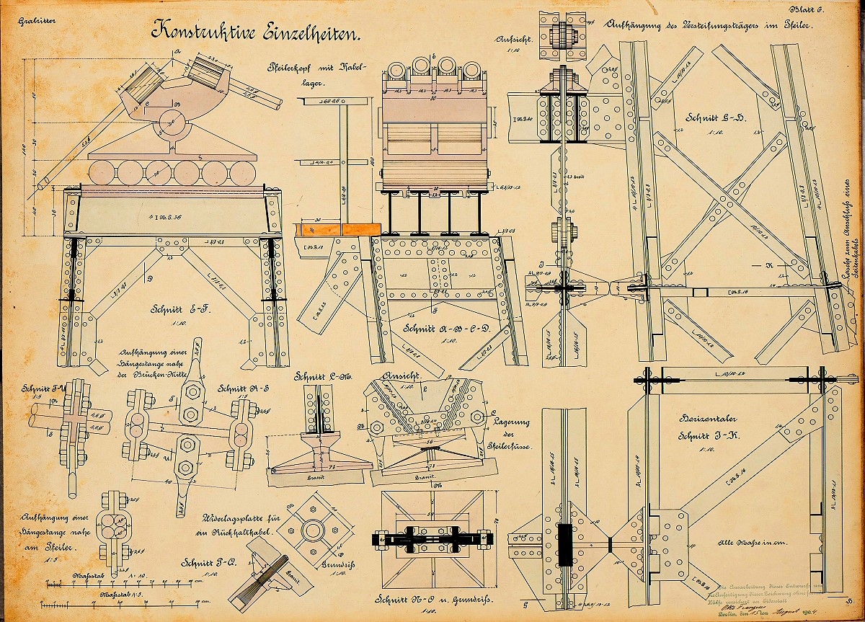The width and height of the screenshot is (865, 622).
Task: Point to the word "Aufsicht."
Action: (514, 40)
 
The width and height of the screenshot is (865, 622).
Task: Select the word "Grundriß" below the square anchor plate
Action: (334, 564)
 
